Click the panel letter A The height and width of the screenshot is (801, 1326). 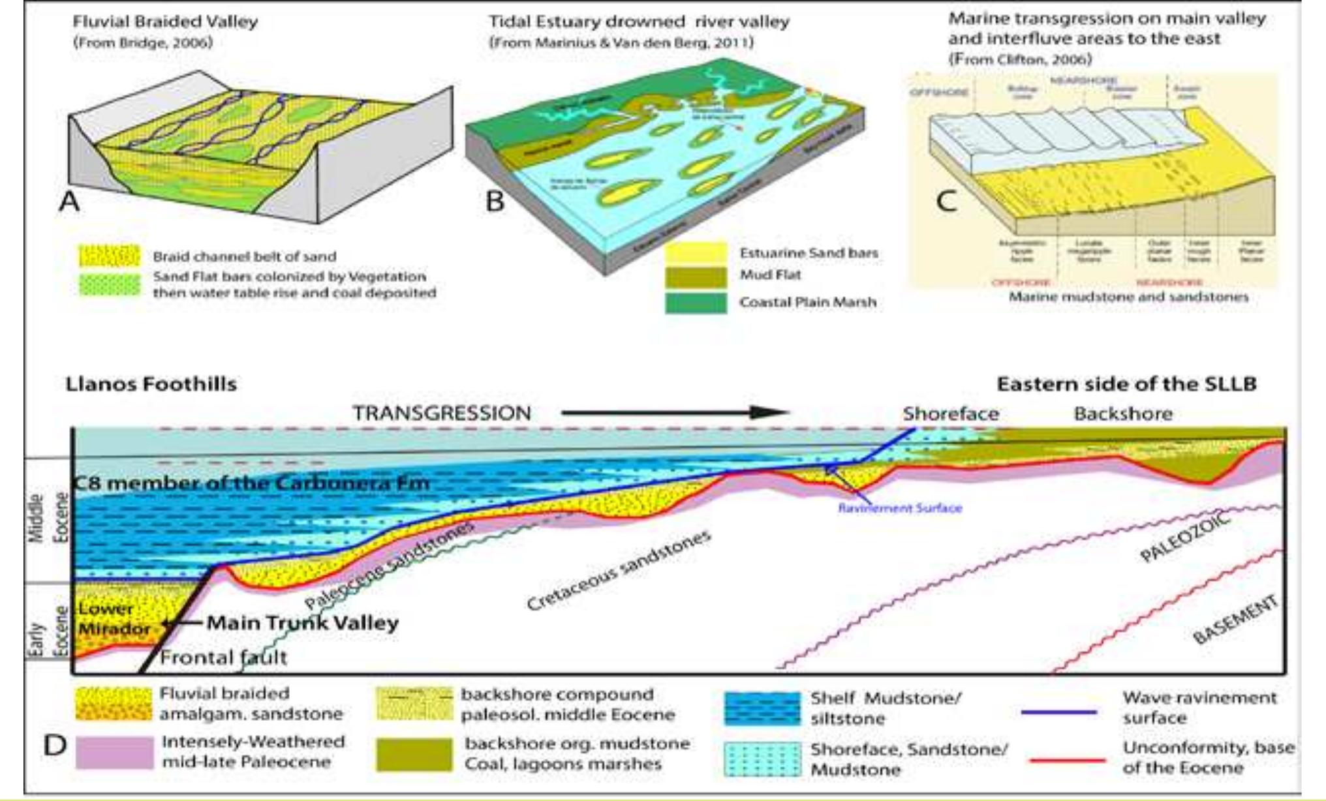click(70, 200)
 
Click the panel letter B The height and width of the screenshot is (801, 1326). click(495, 200)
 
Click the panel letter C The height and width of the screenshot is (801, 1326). click(946, 200)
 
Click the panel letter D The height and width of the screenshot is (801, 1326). click(55, 744)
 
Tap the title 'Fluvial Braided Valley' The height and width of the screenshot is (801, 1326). click(165, 22)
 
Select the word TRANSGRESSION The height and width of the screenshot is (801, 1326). click(442, 413)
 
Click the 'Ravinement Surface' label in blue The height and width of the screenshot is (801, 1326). click(900, 507)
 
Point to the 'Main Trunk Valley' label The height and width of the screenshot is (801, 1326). click(302, 623)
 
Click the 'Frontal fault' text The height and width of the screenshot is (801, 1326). click(223, 656)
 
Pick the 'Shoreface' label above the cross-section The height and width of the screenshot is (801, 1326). click(951, 414)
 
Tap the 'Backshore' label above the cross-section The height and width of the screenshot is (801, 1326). click(1123, 414)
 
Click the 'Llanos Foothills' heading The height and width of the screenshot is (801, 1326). click(151, 384)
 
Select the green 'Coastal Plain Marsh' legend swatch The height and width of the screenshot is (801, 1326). click(696, 303)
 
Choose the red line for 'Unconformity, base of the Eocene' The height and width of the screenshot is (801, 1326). click(1066, 760)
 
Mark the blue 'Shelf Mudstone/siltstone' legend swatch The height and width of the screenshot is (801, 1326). click(762, 709)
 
